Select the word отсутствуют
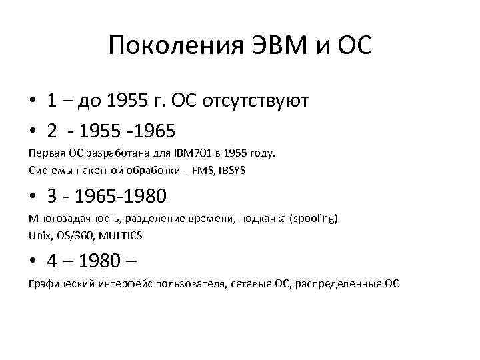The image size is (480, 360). coord(260,101)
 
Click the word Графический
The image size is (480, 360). coord(59,283)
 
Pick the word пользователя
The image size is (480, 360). coord(193,283)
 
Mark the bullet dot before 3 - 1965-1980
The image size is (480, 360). coord(32,197)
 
